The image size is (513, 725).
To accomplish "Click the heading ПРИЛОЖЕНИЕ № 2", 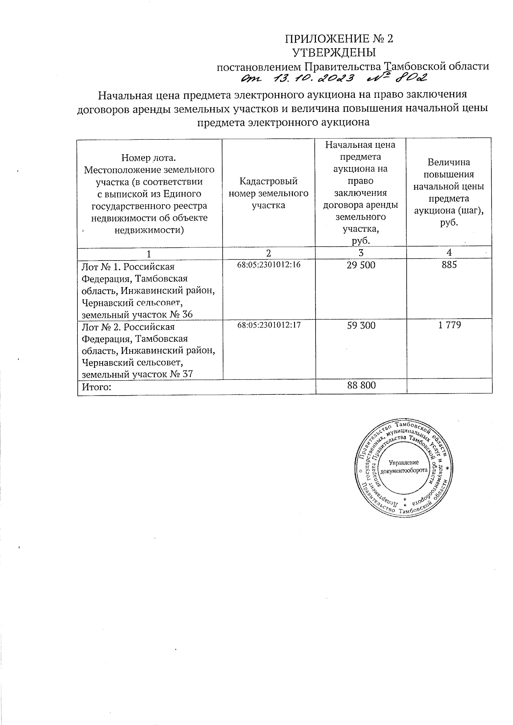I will point(339,39).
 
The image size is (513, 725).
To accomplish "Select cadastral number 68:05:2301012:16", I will point(269,265).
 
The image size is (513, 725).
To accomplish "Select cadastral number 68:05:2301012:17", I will point(269,325).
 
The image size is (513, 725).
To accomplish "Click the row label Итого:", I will point(97,387).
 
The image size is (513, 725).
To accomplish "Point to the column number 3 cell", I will point(361,252).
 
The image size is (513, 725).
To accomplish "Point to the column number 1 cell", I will point(149,253).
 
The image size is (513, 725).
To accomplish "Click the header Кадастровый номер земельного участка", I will point(268,194).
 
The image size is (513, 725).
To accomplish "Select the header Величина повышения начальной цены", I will point(449,180).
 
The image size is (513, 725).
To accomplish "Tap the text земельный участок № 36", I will point(137,315).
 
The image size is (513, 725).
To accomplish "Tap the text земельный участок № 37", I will point(137,375).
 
